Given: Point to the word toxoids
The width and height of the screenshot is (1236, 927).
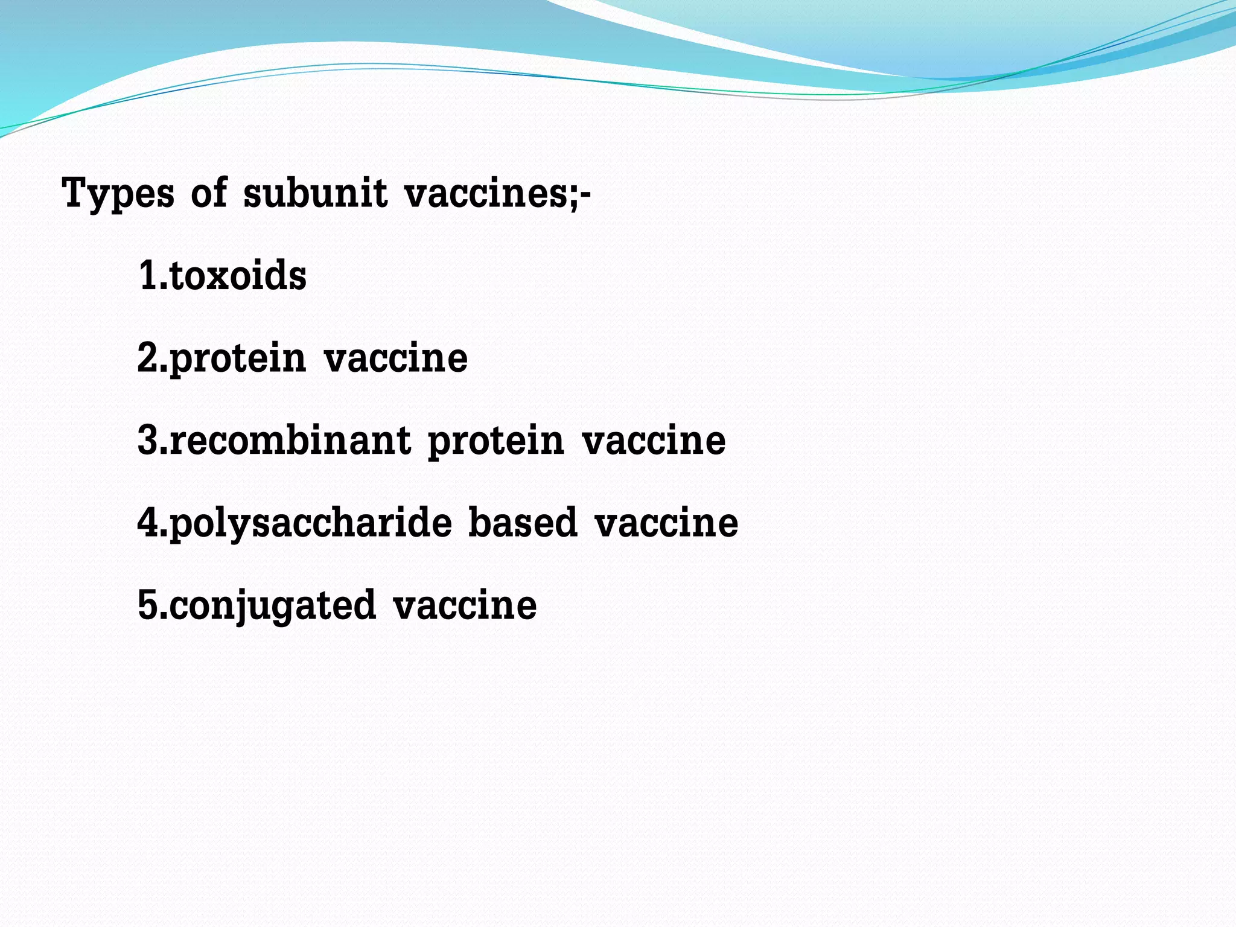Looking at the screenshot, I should (x=238, y=276).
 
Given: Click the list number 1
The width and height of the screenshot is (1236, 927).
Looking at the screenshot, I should (x=148, y=276).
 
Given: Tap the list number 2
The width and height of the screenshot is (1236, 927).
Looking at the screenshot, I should (x=148, y=358).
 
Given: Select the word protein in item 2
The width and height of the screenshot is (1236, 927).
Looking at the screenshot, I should (x=238, y=360).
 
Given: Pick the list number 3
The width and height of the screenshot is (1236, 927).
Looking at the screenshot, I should (x=148, y=440).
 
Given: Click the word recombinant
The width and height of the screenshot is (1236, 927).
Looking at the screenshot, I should (x=290, y=440).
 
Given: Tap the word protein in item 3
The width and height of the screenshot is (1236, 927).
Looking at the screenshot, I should (x=496, y=442).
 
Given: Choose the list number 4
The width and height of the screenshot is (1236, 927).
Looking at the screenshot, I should (x=148, y=522).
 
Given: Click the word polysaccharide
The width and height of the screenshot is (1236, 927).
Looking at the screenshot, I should (x=310, y=523).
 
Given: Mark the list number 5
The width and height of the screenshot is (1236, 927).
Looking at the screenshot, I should (x=148, y=605).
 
